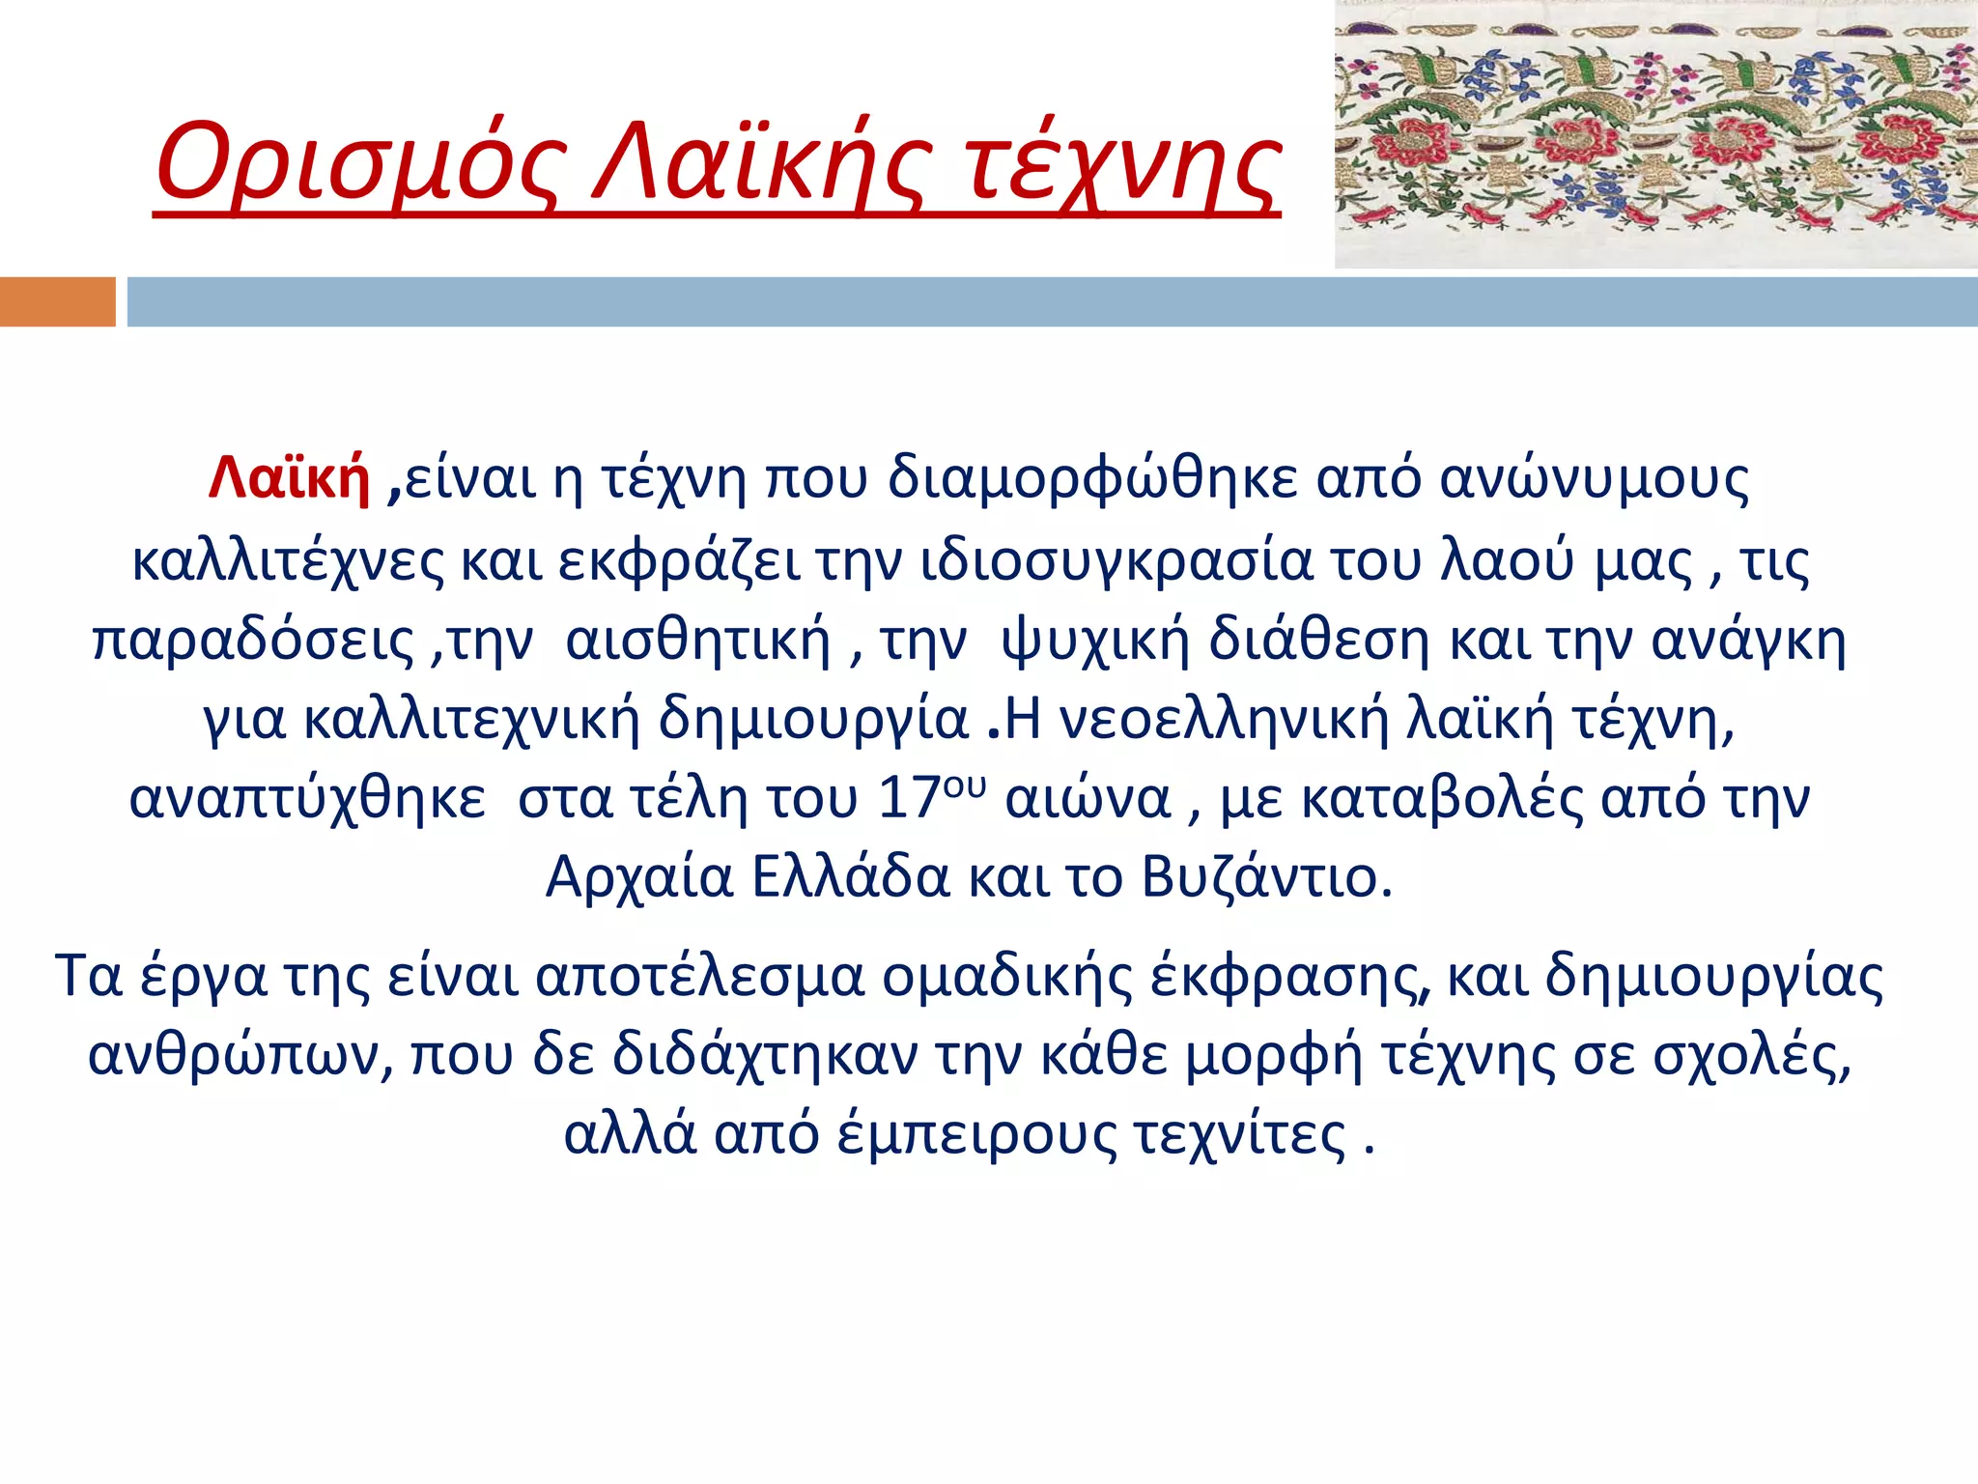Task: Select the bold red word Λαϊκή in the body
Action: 289,477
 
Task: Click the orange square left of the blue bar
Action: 57,301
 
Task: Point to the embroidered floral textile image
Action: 1655,133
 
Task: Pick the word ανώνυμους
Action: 1594,477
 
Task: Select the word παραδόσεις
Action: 253,641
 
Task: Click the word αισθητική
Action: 697,641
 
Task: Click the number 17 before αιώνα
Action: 909,799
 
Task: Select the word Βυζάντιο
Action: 1266,878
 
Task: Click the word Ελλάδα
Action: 850,878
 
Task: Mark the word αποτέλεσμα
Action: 699,976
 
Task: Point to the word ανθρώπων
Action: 240,1055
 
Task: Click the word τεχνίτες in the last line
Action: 1239,1134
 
